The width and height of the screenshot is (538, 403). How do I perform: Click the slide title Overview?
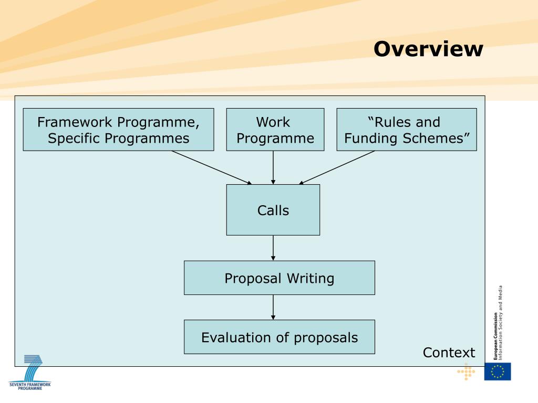tap(428, 49)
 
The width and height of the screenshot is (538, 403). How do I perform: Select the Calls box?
tap(273, 210)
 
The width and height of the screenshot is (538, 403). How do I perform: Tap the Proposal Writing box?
tap(279, 278)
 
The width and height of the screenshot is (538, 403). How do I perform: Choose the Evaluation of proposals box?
tap(279, 337)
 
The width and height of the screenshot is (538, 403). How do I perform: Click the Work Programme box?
tap(275, 130)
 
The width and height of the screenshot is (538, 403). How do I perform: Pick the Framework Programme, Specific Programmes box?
tap(118, 130)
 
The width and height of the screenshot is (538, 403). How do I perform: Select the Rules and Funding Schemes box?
tap(406, 130)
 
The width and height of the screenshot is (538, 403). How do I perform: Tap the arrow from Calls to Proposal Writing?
tap(273, 248)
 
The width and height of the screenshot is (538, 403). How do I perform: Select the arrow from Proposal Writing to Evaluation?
tap(273, 307)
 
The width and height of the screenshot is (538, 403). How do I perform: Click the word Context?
tap(449, 353)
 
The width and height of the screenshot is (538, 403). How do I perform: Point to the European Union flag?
tap(497, 372)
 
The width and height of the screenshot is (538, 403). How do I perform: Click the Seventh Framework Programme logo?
tap(30, 373)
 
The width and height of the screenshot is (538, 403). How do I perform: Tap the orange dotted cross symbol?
tap(466, 372)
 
